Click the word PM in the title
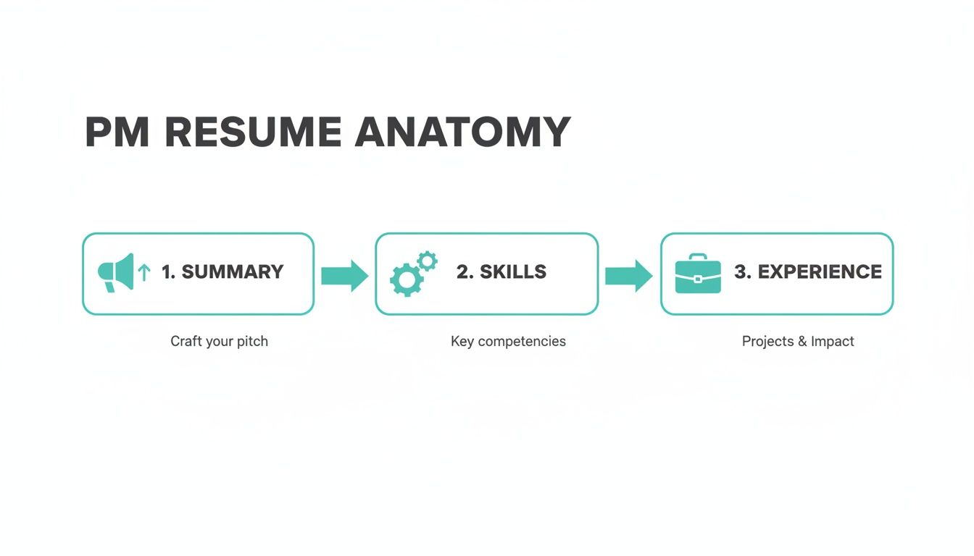117,132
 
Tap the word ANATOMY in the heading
463,132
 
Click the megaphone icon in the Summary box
116,272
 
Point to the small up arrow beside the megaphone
144,272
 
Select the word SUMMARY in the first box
232,272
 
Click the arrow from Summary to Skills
344,275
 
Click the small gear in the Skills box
428,261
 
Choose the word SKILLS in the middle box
513,272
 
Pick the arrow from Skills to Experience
628,275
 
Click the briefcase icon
698,275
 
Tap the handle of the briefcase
698,257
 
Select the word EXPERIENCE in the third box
820,272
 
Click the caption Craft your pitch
219,341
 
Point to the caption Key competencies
508,341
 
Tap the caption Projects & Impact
798,341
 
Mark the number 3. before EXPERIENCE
742,272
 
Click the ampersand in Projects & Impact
802,341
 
